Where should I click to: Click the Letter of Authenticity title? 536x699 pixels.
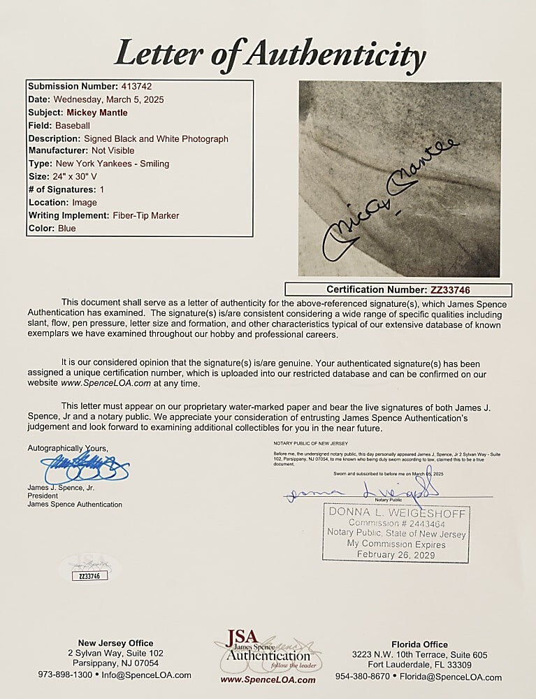coord(269,53)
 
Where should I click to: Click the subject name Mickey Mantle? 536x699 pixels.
coord(98,113)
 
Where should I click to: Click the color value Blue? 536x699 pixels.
coord(67,229)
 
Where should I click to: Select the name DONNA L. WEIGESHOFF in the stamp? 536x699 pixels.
coord(396,514)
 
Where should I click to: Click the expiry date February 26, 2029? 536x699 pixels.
coord(396,554)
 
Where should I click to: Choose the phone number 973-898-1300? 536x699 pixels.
coord(65,675)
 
